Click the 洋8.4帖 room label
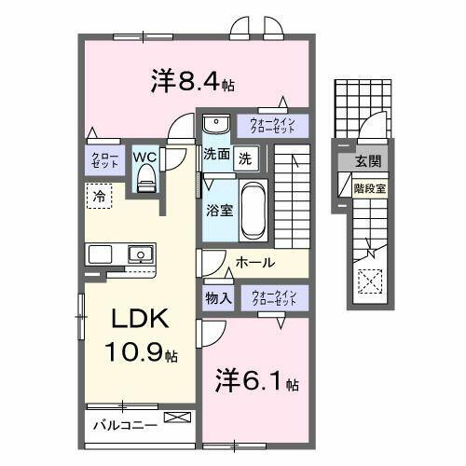point(191,81)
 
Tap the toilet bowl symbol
point(144,182)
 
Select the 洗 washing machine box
point(244,157)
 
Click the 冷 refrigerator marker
point(98,196)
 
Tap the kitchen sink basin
point(141,253)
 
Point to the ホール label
point(254,264)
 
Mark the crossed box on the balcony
point(174,418)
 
